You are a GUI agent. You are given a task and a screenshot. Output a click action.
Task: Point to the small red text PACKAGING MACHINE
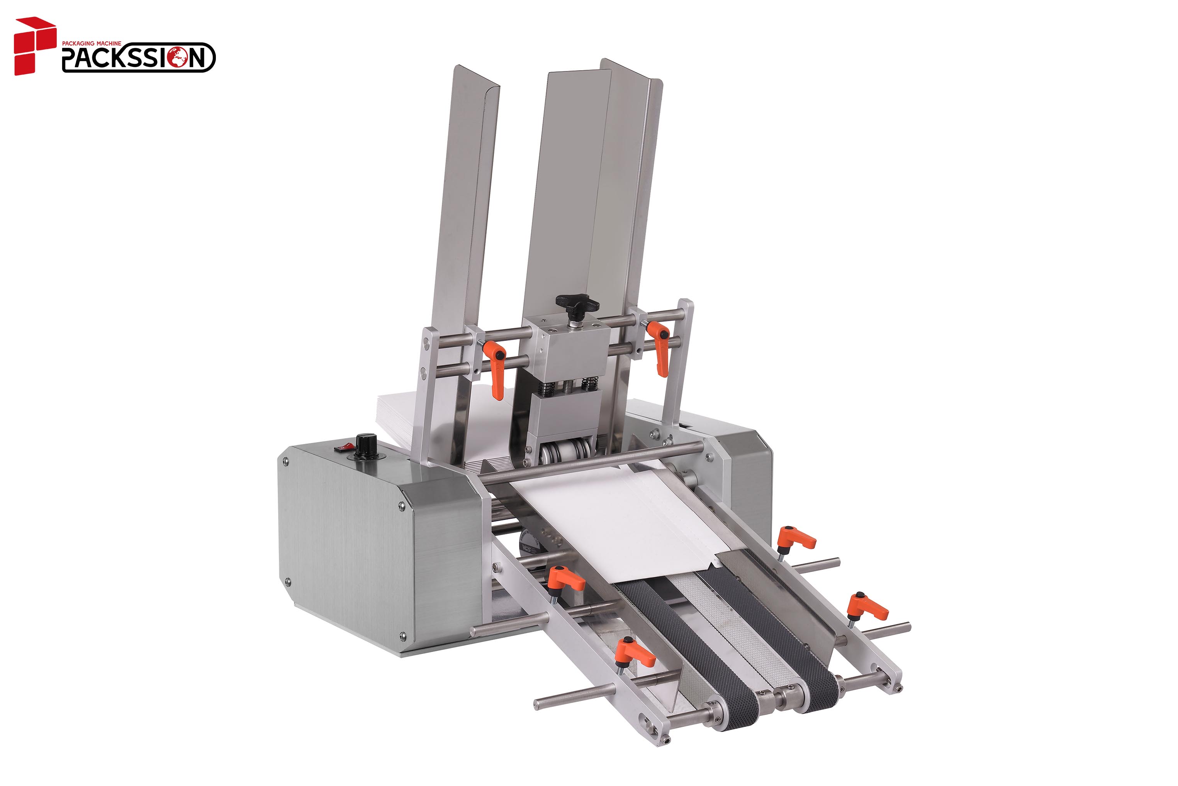(91, 44)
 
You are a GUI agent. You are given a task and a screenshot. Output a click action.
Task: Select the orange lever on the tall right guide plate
(659, 346)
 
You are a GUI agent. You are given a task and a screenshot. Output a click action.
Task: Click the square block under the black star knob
(567, 346)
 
